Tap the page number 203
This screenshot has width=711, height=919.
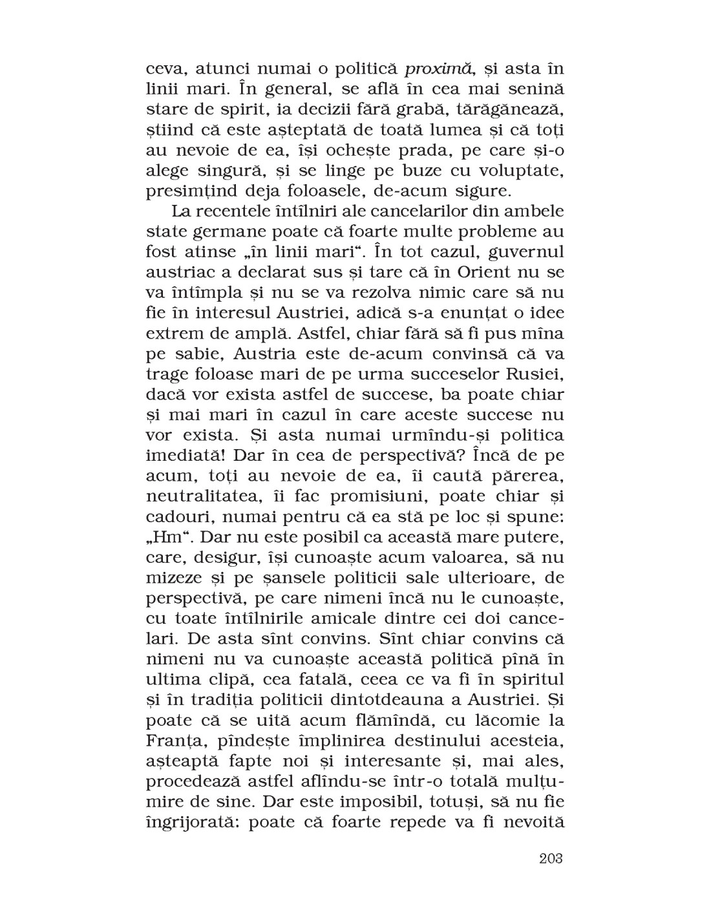click(x=550, y=858)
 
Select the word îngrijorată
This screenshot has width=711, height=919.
click(x=191, y=823)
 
